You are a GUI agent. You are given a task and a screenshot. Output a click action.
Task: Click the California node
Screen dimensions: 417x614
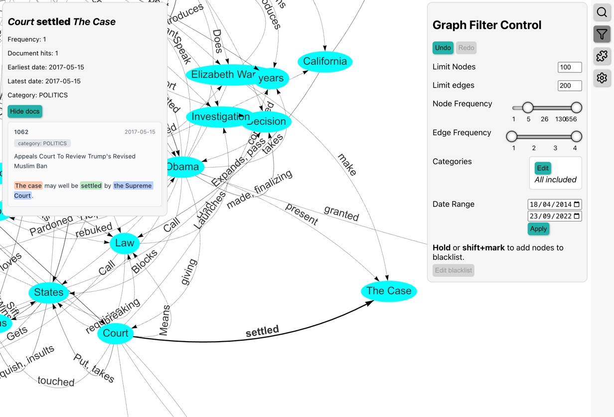pos(325,61)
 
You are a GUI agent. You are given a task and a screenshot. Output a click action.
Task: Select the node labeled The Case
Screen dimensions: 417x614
pos(389,291)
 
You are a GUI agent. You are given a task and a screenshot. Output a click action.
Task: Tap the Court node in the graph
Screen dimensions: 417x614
pos(116,333)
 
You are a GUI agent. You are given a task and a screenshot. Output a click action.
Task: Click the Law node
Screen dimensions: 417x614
pos(125,243)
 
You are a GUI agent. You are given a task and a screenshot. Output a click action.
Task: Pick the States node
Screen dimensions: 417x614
pos(49,292)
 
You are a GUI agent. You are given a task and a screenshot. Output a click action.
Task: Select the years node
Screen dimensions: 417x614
pos(272,78)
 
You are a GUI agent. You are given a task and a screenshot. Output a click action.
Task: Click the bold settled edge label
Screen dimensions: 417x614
pos(262,331)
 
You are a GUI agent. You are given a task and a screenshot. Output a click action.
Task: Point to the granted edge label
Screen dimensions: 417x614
pos(341,213)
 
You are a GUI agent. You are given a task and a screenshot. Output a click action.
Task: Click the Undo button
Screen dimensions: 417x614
pos(443,48)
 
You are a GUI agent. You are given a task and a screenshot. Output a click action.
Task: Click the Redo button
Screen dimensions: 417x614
pos(466,48)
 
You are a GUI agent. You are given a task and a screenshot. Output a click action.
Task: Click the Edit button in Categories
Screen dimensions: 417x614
pos(542,168)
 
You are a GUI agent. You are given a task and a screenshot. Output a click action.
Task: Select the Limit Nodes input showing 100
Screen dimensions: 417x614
pos(569,67)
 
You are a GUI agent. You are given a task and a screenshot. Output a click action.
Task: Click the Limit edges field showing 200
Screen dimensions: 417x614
pos(569,86)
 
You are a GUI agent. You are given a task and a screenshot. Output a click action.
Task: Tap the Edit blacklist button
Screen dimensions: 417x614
pos(453,270)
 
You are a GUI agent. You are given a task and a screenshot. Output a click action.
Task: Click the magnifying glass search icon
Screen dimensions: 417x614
pos(602,12)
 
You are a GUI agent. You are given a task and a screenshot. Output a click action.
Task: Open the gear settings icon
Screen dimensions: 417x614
pos(602,78)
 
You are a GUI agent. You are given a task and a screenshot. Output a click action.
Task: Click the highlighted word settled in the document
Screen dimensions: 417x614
pos(91,186)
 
